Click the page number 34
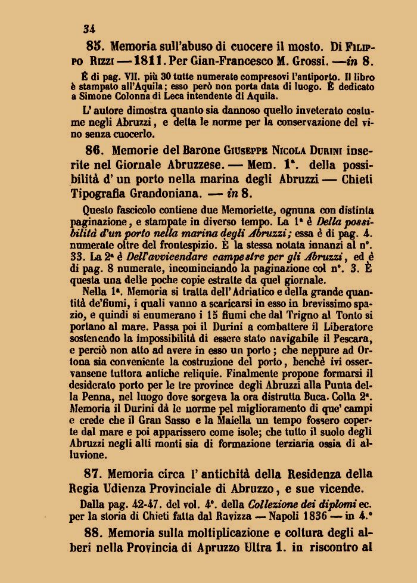click(x=91, y=27)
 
